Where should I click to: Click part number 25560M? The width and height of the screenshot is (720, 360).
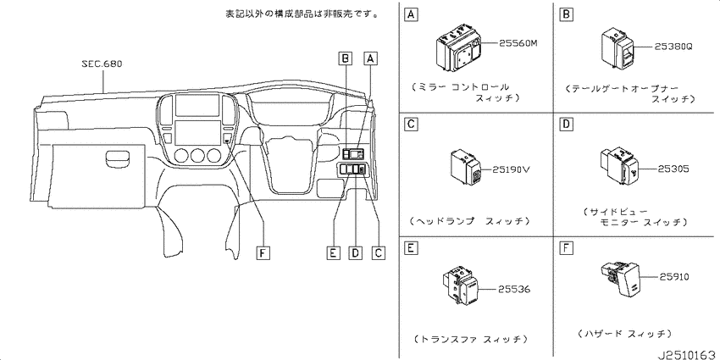[x=518, y=43]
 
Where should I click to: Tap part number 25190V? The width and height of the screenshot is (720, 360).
[x=511, y=169]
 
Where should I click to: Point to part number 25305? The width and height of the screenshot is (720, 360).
[x=673, y=169]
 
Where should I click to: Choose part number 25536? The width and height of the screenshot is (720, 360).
[x=515, y=290]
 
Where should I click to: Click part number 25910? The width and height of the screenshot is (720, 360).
[x=674, y=277]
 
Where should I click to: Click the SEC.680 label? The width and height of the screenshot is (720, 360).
[x=102, y=64]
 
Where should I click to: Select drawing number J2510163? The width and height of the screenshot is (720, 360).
[x=689, y=355]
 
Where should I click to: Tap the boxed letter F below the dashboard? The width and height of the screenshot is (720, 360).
[x=263, y=252]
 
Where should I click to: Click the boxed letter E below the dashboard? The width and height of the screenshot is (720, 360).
[x=334, y=252]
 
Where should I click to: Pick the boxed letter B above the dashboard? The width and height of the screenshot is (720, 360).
[x=346, y=58]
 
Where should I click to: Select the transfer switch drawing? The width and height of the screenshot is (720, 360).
[x=461, y=286]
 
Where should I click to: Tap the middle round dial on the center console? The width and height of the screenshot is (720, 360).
[x=197, y=156]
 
